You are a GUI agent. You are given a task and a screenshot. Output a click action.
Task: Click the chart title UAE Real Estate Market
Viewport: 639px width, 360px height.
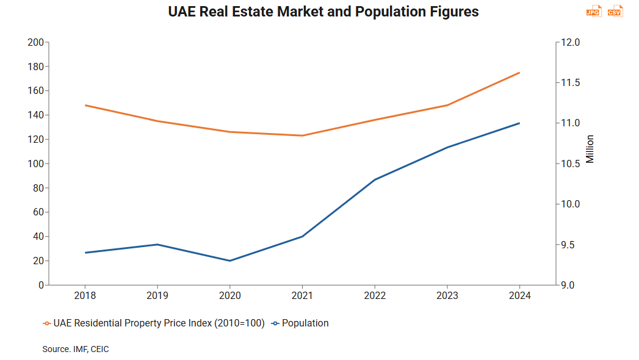click(323, 12)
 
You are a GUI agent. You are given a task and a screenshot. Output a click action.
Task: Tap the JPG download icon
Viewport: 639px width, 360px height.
click(593, 12)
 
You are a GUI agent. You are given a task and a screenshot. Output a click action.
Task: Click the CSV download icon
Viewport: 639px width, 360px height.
click(615, 12)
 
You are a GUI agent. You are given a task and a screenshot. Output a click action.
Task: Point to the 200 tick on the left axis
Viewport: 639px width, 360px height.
click(36, 42)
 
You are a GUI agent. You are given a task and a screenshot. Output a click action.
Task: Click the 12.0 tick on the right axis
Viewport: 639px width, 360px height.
click(571, 42)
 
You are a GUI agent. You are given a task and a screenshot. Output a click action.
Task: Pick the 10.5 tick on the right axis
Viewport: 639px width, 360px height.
click(571, 164)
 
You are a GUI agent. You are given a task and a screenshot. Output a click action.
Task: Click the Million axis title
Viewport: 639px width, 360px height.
click(590, 149)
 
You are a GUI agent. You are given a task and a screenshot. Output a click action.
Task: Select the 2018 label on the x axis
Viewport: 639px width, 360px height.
click(85, 295)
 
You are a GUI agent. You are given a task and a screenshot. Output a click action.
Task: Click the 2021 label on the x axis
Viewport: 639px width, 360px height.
click(302, 295)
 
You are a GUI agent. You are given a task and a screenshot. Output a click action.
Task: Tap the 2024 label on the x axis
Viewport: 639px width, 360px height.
click(519, 295)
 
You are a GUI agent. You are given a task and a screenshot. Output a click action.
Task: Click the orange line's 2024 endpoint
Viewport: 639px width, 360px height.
click(519, 73)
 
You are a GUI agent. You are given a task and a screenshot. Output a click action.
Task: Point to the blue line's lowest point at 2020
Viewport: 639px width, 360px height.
click(230, 261)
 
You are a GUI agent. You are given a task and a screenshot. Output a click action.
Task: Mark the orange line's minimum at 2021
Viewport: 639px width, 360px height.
click(302, 135)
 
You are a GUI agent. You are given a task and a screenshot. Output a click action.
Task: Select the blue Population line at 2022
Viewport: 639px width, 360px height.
click(375, 179)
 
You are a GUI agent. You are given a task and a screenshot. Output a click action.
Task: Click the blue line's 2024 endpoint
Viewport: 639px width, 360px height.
click(519, 123)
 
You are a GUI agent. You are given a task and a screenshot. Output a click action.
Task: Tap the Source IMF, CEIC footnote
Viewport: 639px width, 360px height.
click(76, 349)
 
